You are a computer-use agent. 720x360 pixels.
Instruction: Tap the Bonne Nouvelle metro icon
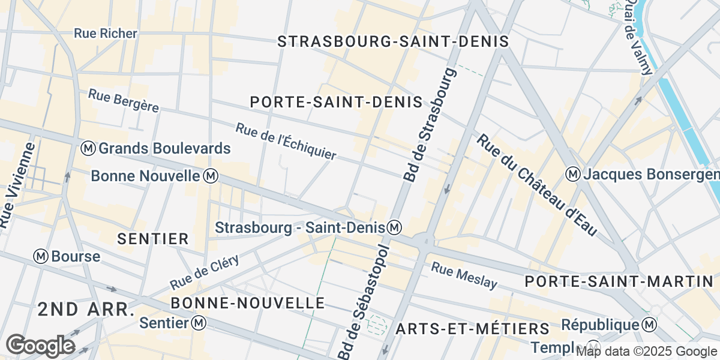click(x=211, y=176)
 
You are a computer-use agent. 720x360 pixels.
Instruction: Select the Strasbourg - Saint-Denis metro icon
click(x=394, y=227)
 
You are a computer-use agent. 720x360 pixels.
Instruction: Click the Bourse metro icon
click(x=41, y=256)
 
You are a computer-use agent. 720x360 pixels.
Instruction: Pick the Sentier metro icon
click(x=199, y=323)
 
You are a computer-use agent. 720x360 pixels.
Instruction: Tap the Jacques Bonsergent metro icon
click(x=573, y=175)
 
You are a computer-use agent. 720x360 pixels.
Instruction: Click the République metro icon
click(x=649, y=325)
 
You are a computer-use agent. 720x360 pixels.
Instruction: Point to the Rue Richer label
click(x=106, y=34)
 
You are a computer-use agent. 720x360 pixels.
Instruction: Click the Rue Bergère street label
click(x=124, y=100)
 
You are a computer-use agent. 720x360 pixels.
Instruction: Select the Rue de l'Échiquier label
click(x=286, y=142)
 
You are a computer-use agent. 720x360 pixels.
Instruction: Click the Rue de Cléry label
click(x=205, y=271)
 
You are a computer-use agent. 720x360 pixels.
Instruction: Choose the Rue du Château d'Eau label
click(x=538, y=184)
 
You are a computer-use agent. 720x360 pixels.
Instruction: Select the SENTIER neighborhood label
click(x=153, y=239)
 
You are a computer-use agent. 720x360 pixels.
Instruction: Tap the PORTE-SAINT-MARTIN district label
click(x=618, y=281)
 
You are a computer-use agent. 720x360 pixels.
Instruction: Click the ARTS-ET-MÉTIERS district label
click(x=473, y=329)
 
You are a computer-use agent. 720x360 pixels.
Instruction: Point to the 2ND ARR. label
click(x=85, y=310)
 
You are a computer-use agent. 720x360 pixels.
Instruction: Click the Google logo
click(x=40, y=346)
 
